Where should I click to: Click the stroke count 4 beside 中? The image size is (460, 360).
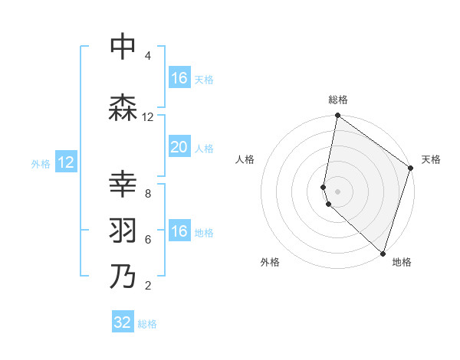[x=147, y=56]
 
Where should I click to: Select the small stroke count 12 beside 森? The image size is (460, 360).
[x=147, y=117]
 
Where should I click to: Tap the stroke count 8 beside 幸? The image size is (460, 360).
[x=147, y=194]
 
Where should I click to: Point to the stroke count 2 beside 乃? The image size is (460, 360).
[x=147, y=286]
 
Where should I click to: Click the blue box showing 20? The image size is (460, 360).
[x=179, y=148]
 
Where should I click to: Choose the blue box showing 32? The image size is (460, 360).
[x=123, y=322]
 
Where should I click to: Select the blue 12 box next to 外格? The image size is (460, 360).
[x=66, y=162]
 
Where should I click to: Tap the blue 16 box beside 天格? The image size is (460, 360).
[x=179, y=78]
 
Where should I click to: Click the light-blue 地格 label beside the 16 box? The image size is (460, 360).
[x=204, y=233]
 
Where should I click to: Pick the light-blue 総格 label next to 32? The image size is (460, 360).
[x=147, y=324]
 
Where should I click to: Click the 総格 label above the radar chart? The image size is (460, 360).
[x=338, y=100]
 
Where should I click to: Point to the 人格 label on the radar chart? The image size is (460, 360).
[x=245, y=159]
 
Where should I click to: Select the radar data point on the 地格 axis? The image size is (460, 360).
[x=383, y=254]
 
